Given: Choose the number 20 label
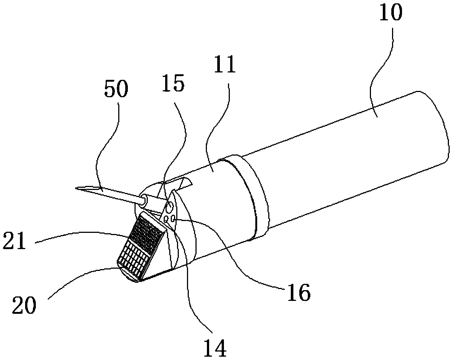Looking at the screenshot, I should [x=24, y=305].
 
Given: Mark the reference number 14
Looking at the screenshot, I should [x=216, y=347].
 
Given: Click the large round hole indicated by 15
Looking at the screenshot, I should [x=170, y=206].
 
